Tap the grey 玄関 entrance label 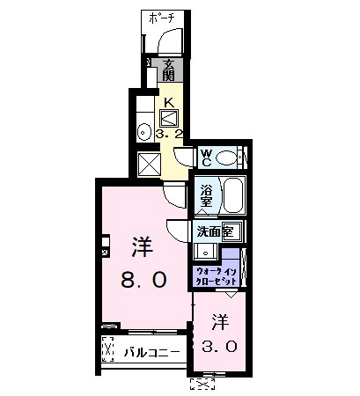coord(170,69)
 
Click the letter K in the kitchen coord(167,102)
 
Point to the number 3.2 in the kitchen coord(168,135)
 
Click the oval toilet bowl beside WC coord(229,158)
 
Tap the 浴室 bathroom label coord(207,194)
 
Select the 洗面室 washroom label coord(213,232)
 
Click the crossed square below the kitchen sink coord(148,164)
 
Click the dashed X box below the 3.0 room coord(202,382)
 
